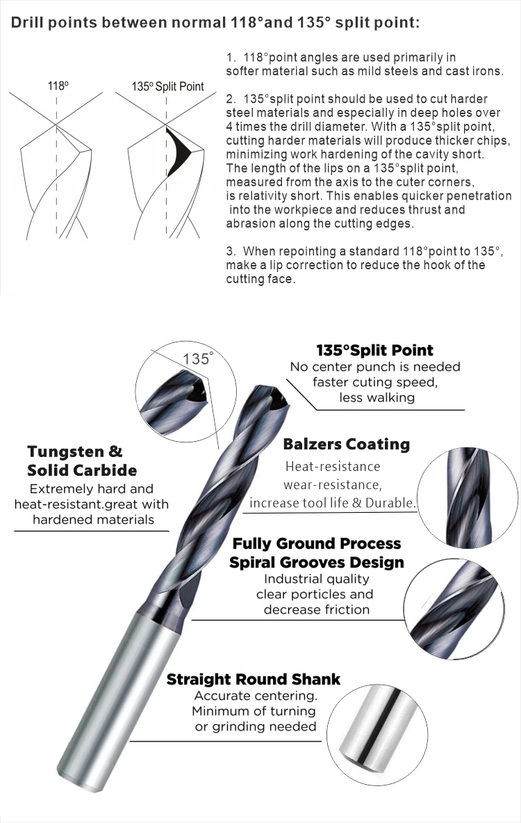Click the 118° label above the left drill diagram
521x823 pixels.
[x=58, y=86]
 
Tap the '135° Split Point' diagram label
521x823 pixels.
[x=167, y=86]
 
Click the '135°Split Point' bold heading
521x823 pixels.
[x=374, y=350]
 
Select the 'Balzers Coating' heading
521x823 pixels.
[x=346, y=444]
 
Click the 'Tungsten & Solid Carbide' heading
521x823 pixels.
[x=82, y=461]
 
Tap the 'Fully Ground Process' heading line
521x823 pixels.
[x=316, y=543]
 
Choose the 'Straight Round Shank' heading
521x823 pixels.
[x=254, y=679]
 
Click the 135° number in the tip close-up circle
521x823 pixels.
[x=197, y=359]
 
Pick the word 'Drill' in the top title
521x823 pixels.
[x=27, y=23]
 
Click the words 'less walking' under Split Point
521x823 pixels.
[x=377, y=397]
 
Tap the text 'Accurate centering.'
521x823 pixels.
[x=256, y=696]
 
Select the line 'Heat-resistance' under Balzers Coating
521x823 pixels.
[x=333, y=466]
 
